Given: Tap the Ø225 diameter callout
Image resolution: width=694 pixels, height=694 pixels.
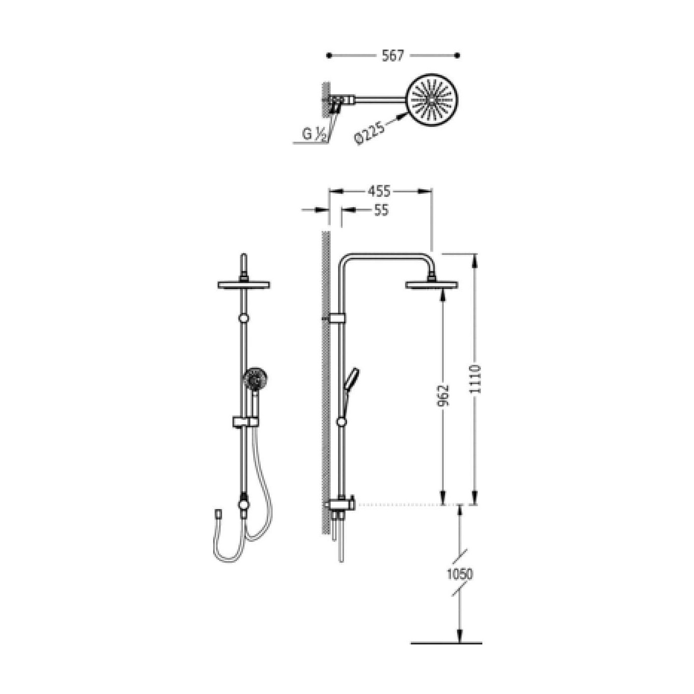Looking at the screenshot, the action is [369, 132].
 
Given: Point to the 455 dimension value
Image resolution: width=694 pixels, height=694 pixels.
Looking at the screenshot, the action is [379, 191].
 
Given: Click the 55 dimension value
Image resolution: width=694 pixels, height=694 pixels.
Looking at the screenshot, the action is [381, 210].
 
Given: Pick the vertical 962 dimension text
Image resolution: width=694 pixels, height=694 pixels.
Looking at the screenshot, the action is [443, 396].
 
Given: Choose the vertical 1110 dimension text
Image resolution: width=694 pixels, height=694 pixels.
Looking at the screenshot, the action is [475, 379].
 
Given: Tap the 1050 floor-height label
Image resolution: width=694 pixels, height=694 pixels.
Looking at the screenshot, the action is [460, 584].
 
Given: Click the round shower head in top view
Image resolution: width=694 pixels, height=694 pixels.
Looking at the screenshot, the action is [432, 101].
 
